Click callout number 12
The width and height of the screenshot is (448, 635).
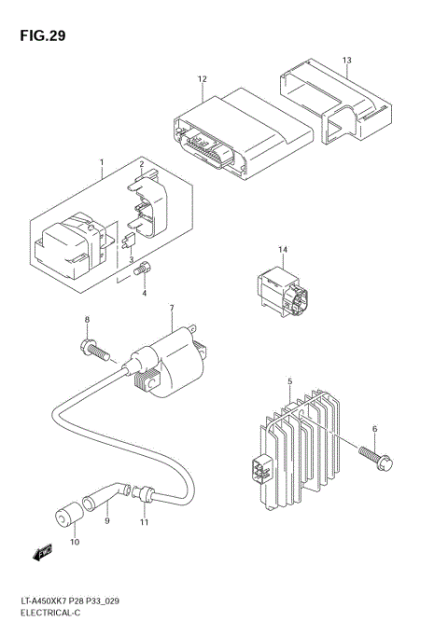202,80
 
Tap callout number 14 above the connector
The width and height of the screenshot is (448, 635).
283,250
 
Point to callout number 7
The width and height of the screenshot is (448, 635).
172,308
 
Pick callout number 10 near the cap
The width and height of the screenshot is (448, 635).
74,542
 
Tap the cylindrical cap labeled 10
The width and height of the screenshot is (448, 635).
65,514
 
